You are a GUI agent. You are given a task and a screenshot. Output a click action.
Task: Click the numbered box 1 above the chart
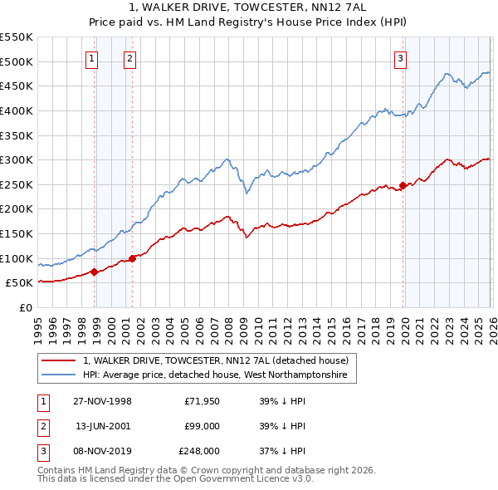click(90, 58)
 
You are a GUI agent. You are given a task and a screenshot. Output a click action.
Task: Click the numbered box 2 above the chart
click(130, 58)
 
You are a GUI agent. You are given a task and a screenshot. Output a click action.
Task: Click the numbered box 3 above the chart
click(400, 58)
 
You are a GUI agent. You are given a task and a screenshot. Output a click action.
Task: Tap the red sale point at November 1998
click(95, 272)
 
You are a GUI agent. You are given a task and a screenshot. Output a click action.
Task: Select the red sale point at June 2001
click(132, 258)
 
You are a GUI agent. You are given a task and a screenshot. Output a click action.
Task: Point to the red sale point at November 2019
click(403, 185)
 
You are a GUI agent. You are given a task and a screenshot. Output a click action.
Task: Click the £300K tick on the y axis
click(17, 159)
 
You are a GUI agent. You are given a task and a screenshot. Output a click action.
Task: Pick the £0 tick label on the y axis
click(26, 307)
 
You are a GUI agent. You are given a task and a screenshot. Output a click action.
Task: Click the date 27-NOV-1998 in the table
click(103, 400)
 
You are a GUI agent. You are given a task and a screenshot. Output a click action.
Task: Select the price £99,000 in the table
click(202, 426)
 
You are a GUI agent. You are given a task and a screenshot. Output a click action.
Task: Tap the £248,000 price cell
click(198, 452)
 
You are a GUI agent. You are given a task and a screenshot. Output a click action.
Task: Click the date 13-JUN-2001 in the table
click(103, 426)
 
